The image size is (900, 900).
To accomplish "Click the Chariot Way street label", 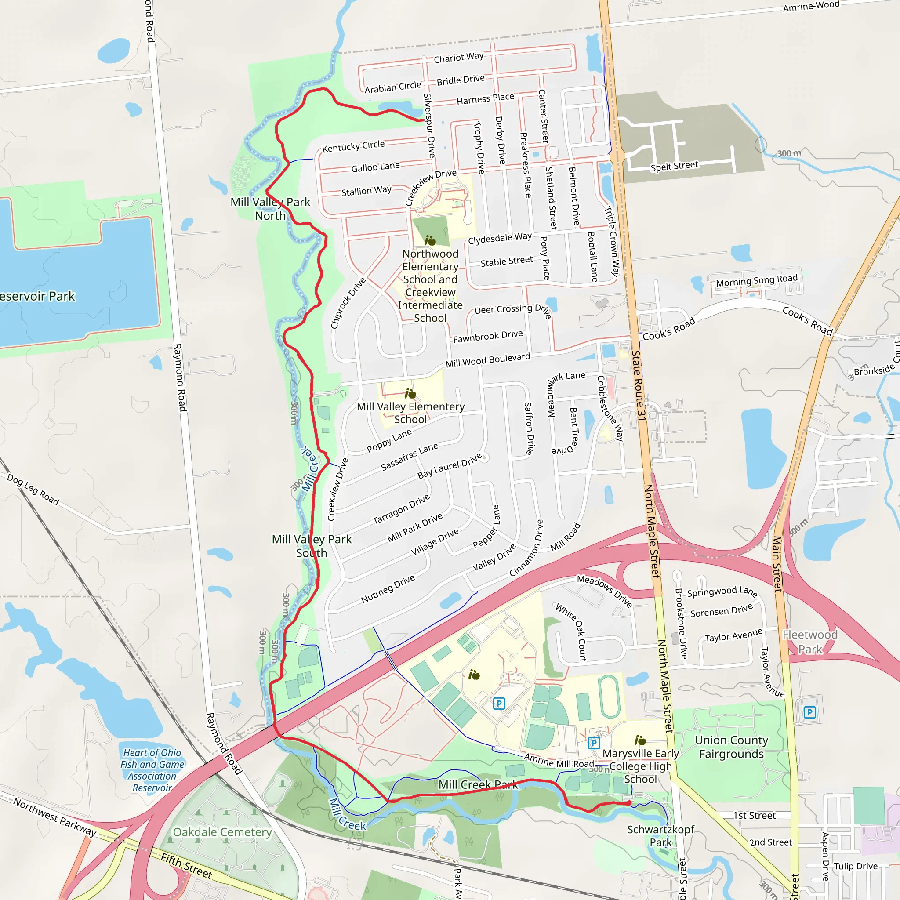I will pyautogui.click(x=458, y=57).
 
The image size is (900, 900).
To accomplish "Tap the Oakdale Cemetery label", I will pyautogui.click(x=222, y=832).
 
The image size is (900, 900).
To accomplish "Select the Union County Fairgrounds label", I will pyautogui.click(x=731, y=747).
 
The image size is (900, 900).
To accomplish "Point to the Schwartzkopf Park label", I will pyautogui.click(x=660, y=836).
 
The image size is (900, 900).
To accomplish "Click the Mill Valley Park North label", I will pyautogui.click(x=270, y=209).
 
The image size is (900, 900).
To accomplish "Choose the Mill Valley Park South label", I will pyautogui.click(x=312, y=546).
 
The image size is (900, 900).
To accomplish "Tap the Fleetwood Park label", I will pyautogui.click(x=810, y=642).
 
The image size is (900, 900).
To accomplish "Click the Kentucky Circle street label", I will pyautogui.click(x=353, y=146).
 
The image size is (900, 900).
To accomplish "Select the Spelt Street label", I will pyautogui.click(x=674, y=166).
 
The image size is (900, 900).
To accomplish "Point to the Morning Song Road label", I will pyautogui.click(x=757, y=280).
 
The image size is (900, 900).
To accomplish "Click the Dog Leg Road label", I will pyautogui.click(x=33, y=490).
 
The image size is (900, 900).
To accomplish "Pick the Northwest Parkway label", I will pyautogui.click(x=54, y=817).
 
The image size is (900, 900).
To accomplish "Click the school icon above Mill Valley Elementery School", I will pyautogui.click(x=410, y=394).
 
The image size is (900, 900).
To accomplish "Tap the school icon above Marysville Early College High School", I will pyautogui.click(x=640, y=740).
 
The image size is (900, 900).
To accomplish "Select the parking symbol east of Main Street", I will pyautogui.click(x=809, y=712).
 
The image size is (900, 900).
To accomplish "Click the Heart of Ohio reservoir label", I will pyautogui.click(x=152, y=770).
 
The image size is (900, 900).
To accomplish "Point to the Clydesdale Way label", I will pyautogui.click(x=499, y=238).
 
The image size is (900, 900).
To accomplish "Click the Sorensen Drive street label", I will pyautogui.click(x=721, y=611).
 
